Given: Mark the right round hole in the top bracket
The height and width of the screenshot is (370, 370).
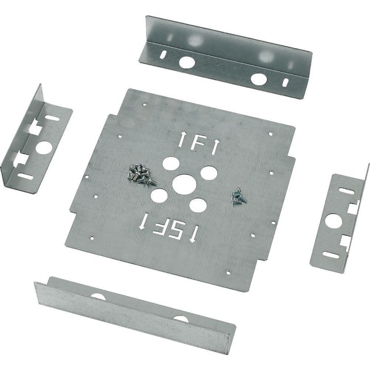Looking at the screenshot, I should [258, 78].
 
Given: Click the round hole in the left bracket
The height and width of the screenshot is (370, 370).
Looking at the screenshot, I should [44, 148].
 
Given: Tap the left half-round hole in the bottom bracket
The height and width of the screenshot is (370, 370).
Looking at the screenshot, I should [98, 296].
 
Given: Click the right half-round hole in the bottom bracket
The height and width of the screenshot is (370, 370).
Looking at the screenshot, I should [180, 318].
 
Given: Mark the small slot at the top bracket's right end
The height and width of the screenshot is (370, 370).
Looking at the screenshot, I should [285, 82].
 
